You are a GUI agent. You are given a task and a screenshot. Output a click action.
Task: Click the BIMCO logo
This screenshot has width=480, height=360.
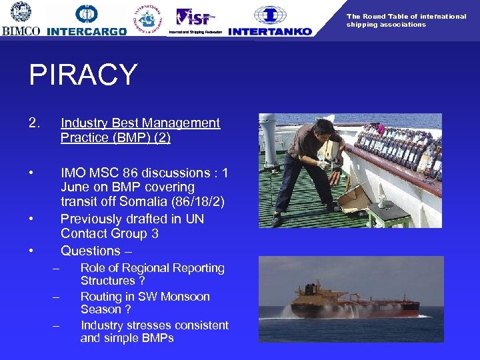click(21, 19)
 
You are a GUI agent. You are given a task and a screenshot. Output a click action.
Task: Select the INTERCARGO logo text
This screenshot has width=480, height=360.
click(87, 31)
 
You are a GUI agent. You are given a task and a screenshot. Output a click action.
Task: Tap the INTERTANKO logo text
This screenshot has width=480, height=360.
click(269, 31)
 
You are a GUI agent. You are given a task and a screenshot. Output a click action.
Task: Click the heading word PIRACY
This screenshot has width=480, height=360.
click(83, 75)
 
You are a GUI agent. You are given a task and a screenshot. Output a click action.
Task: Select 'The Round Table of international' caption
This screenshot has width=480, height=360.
click(406, 16)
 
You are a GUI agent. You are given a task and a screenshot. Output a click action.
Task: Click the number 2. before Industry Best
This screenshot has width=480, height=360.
click(35, 123)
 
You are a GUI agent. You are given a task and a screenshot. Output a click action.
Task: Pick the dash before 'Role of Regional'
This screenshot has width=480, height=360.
click(57, 269)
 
